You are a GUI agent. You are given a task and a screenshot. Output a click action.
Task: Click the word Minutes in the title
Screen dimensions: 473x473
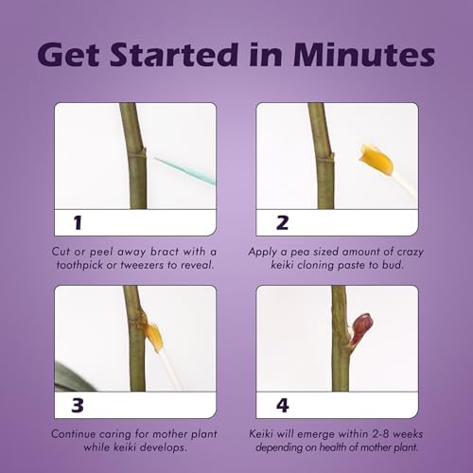[x=364, y=54]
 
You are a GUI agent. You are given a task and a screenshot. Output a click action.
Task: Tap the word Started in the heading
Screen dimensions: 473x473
[x=174, y=54]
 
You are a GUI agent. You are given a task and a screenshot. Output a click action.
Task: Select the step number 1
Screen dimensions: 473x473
[x=78, y=222]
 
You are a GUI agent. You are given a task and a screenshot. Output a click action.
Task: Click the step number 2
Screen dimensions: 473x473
[x=282, y=222]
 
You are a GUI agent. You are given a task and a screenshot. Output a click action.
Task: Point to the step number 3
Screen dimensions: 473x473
[x=78, y=405]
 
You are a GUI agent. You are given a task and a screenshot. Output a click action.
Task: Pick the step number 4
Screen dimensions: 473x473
[x=283, y=405]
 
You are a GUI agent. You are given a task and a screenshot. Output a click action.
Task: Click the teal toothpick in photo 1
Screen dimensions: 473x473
[x=185, y=171]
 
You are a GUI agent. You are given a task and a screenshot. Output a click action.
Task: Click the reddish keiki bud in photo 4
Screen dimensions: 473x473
[x=360, y=329]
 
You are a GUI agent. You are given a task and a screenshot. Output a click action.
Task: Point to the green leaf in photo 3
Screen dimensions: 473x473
[x=74, y=377]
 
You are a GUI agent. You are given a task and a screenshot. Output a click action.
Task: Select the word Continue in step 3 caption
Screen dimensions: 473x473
[x=74, y=434]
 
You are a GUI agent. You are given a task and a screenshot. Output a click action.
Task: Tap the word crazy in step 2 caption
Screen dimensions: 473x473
[x=410, y=252]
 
